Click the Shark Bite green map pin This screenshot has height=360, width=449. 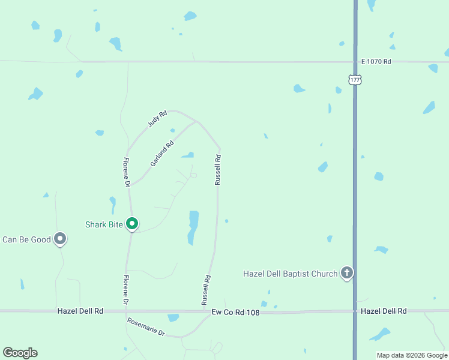[132, 224]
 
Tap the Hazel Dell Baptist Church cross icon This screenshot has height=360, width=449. [346, 273]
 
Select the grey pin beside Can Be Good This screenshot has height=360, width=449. [60, 239]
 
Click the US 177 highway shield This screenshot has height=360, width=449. [355, 80]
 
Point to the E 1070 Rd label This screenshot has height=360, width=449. [376, 62]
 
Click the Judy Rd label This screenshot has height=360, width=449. [157, 118]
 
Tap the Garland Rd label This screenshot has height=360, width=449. [162, 153]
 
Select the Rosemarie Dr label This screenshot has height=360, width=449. [146, 326]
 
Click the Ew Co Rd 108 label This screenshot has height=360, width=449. [235, 312]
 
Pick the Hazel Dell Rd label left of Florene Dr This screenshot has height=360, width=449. [80, 311]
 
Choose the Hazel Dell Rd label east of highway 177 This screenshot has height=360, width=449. [384, 311]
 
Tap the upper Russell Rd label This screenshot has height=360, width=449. [218, 170]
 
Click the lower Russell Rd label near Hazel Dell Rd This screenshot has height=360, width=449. [206, 289]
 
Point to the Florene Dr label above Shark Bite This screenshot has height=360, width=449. [127, 172]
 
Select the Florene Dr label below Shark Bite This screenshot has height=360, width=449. [126, 289]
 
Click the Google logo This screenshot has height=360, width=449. [20, 353]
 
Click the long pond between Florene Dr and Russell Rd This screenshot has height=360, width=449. [193, 227]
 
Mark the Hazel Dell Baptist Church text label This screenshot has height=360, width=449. [290, 274]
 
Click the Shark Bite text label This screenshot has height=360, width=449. [104, 224]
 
